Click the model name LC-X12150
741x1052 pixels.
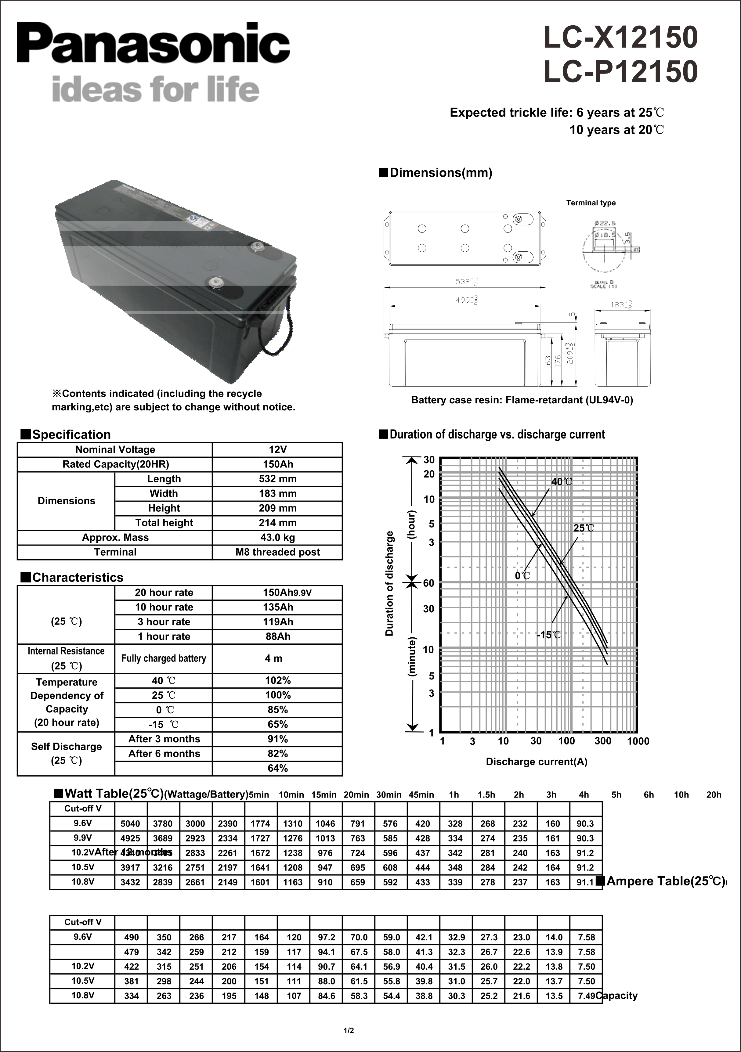[620, 37]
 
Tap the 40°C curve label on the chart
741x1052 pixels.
[561, 481]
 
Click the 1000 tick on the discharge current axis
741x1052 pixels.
[638, 741]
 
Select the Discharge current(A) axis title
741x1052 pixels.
[536, 762]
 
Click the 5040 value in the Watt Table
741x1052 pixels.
[130, 823]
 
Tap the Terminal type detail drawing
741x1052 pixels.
[610, 253]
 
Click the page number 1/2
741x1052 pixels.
[349, 1031]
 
